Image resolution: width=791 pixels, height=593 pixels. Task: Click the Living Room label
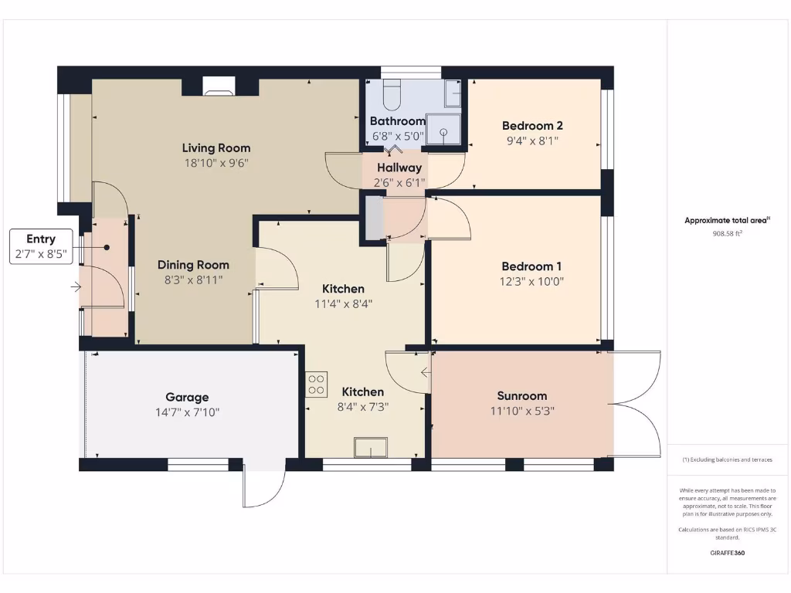pyautogui.click(x=216, y=147)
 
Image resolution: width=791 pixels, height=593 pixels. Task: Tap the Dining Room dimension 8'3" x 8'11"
pyautogui.click(x=193, y=280)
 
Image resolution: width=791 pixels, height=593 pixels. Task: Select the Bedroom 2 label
pyautogui.click(x=532, y=126)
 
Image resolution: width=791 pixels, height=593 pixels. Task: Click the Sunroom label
pyautogui.click(x=521, y=396)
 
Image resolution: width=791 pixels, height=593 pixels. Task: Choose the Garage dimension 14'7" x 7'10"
pyautogui.click(x=187, y=412)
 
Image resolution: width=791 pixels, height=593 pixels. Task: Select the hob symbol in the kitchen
pyautogui.click(x=316, y=384)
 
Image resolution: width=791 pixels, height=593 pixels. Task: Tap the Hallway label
pyautogui.click(x=399, y=168)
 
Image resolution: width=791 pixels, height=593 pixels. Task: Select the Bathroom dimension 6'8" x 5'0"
pyautogui.click(x=398, y=137)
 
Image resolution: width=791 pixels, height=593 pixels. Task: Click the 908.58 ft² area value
pyautogui.click(x=727, y=232)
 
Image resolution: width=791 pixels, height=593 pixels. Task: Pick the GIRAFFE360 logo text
pyautogui.click(x=727, y=553)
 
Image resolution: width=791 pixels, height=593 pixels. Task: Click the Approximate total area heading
pyautogui.click(x=727, y=220)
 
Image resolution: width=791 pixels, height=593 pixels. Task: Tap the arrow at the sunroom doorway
pyautogui.click(x=426, y=373)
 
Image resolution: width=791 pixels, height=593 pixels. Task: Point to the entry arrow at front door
pyautogui.click(x=76, y=287)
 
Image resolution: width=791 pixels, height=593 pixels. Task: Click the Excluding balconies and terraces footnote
pyautogui.click(x=727, y=459)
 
